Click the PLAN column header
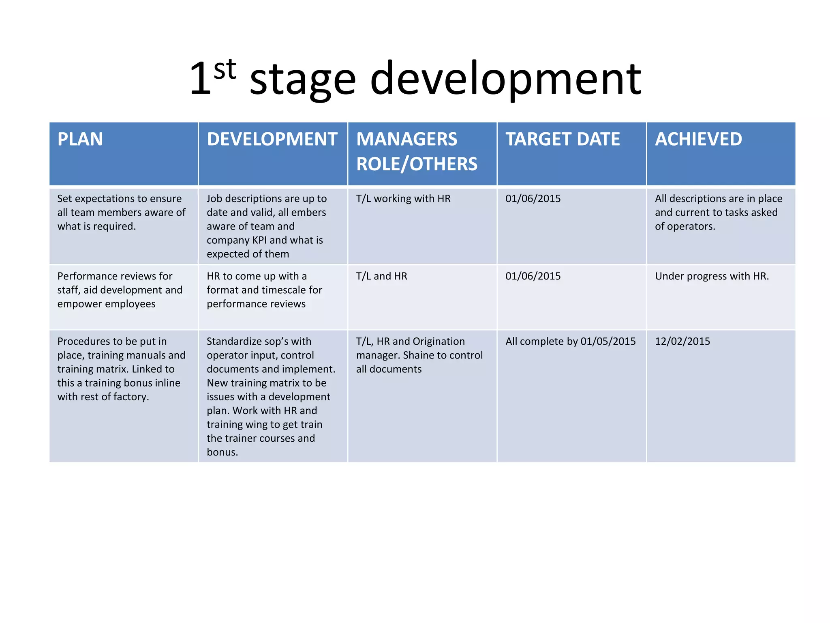tap(80, 139)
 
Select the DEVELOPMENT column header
tap(272, 139)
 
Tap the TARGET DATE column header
tap(563, 139)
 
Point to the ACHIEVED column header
tap(698, 139)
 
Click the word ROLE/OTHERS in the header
tap(417, 164)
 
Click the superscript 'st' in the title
tap(225, 70)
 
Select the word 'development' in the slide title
tap(505, 79)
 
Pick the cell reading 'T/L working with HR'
tap(403, 198)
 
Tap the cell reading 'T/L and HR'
tap(381, 276)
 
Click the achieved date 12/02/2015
tap(682, 341)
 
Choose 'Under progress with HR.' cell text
tap(712, 276)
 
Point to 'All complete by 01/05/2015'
tap(570, 341)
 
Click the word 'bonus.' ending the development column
tap(222, 452)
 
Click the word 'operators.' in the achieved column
tap(685, 226)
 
